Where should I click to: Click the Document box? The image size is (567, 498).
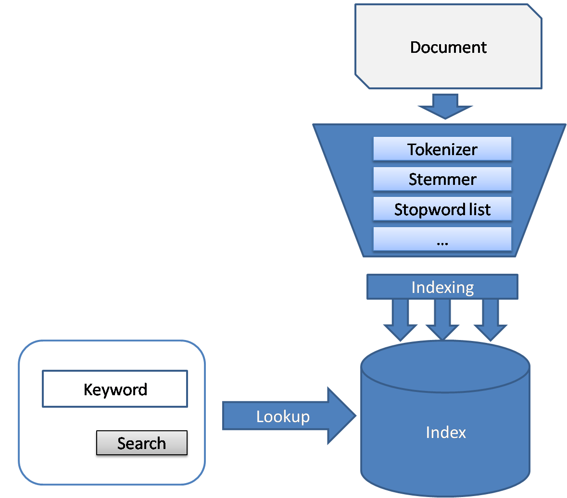point(448,46)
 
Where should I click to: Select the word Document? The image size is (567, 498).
point(448,48)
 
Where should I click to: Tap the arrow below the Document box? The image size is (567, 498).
point(445,106)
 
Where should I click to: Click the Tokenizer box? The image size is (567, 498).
point(442,149)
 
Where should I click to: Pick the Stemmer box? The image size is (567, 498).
point(442,179)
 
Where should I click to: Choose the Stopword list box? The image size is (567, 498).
point(442,209)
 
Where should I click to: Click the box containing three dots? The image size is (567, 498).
point(442,239)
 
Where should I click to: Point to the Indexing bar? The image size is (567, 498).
point(442,287)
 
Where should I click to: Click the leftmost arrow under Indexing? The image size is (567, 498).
point(400,320)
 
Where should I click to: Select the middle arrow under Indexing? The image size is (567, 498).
point(442,320)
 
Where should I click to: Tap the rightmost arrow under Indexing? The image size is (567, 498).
point(491,320)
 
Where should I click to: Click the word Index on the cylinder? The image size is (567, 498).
point(446,432)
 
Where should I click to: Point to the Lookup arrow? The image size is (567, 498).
point(290,416)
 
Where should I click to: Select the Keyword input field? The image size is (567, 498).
point(115,389)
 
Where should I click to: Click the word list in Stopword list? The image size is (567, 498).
point(480,209)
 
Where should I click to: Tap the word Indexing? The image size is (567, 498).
point(442,288)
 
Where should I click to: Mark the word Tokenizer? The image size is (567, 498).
point(442,149)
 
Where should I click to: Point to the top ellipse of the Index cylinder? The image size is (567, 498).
point(445,366)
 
